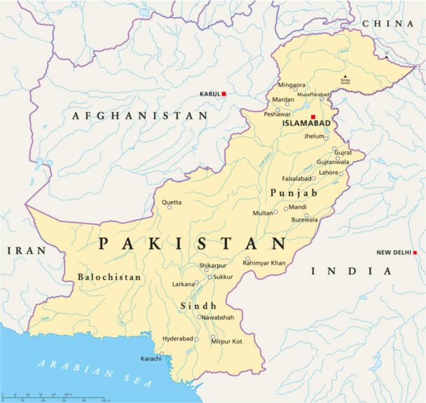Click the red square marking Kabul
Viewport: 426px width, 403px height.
(224, 93)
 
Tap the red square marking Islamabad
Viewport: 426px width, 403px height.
(313, 116)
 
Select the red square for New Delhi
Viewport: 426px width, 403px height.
(415, 252)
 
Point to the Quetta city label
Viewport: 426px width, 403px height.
(172, 203)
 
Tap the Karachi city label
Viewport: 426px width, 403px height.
(151, 359)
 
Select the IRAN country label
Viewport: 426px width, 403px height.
(26, 250)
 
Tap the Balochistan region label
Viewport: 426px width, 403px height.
(109, 277)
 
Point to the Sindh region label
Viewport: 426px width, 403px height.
(198, 306)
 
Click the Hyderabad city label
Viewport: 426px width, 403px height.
(177, 338)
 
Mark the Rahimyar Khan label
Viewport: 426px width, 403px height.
(264, 263)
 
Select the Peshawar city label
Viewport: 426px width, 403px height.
(277, 114)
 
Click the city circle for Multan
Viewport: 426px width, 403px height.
(276, 212)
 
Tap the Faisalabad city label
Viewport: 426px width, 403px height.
(296, 178)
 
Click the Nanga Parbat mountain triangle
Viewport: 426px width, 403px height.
(344, 76)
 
